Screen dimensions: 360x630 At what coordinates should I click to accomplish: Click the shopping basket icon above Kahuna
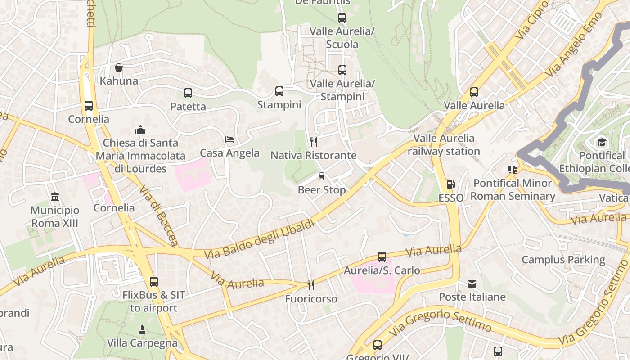coord(119,67)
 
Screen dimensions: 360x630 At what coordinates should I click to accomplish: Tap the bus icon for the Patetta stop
coord(188,93)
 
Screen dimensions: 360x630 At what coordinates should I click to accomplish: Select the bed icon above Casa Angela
coord(229,139)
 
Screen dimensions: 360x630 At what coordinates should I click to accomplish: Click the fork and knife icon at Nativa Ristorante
coord(314,142)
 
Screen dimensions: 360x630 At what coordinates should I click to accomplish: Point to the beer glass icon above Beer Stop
coord(321,176)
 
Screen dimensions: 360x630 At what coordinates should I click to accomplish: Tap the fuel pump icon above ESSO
coord(450,184)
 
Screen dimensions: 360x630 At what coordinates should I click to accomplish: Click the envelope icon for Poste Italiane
coord(472,284)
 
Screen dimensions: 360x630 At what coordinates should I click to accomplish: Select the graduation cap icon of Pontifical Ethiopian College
coord(602,143)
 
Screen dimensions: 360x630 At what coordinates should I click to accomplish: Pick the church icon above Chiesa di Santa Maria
coord(140,130)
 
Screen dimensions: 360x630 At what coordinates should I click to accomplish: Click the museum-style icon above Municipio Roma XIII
coord(55,197)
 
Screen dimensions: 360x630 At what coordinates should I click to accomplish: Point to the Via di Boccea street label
coord(158,216)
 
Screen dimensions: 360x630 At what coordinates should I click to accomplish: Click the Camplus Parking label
coord(563,260)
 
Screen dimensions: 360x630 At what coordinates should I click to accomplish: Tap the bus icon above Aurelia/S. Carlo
coord(382,257)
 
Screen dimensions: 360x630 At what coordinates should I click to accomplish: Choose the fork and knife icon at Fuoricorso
coord(310,285)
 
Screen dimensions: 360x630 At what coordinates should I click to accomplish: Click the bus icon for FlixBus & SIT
coord(154,282)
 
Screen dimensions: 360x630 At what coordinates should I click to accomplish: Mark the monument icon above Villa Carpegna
coord(142,330)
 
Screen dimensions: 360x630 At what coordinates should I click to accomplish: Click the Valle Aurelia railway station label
coord(444,144)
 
